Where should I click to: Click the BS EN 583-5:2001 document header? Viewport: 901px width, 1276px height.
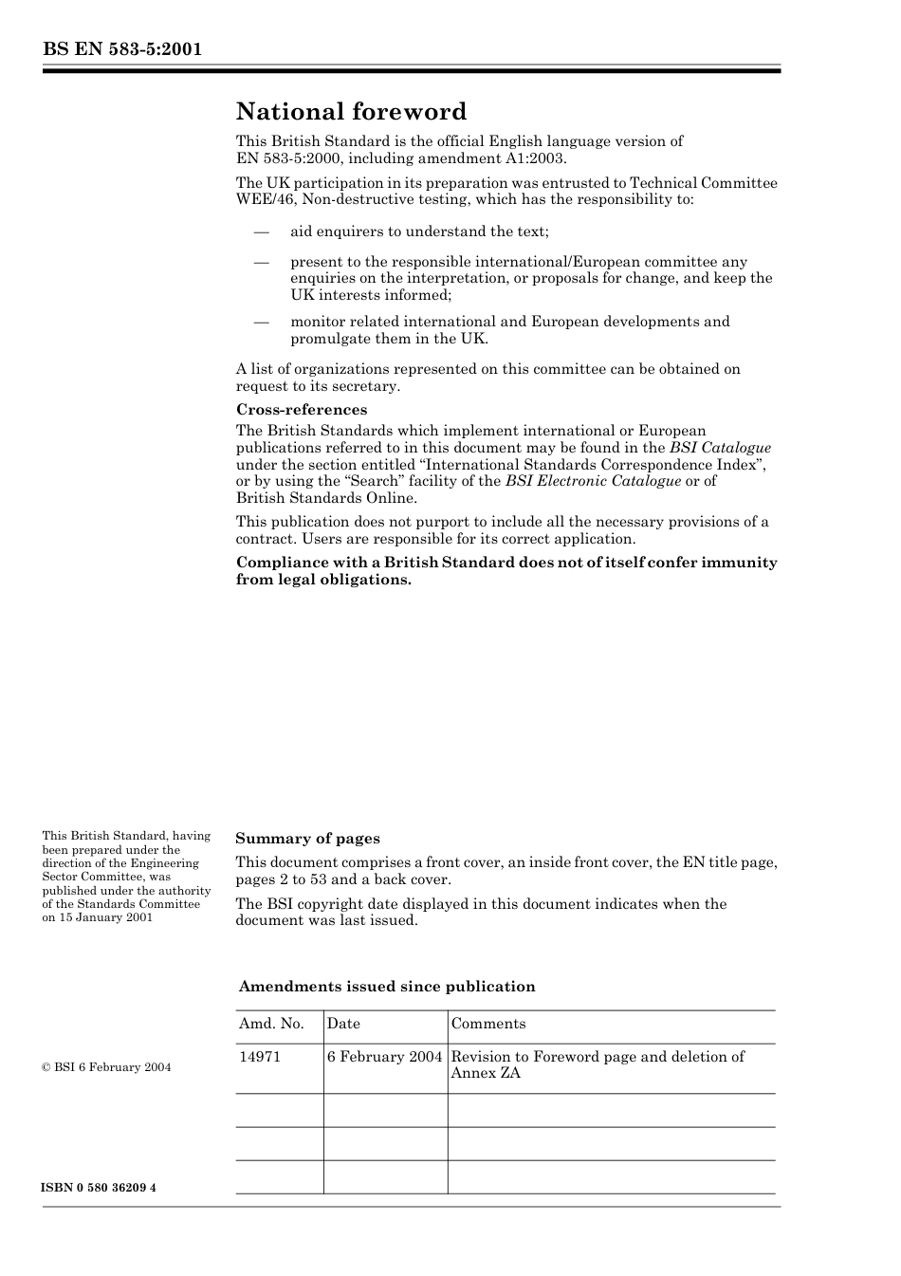pos(122,49)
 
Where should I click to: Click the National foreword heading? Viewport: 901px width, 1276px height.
pos(351,112)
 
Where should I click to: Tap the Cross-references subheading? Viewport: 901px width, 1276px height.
pos(302,410)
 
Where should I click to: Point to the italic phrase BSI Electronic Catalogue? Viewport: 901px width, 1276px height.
pos(593,481)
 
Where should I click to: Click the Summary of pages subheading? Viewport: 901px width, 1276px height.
pos(307,839)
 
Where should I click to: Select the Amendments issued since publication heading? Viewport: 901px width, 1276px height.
pos(387,987)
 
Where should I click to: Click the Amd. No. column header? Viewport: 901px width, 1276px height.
pos(271,1024)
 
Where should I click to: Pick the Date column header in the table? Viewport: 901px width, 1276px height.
pos(343,1024)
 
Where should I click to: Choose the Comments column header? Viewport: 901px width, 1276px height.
pos(488,1024)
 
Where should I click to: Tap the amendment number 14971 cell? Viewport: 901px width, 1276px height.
pos(260,1057)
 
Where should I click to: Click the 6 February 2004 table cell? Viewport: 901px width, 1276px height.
pos(385,1057)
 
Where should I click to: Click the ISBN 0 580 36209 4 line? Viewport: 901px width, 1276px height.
pos(100,1188)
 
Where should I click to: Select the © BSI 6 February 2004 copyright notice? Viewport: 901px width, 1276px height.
pos(106,1067)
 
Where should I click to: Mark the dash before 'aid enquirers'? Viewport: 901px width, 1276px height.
pos(261,231)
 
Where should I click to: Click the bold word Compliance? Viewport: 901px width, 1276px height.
pos(277,563)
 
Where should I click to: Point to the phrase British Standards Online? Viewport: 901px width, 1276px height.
pos(326,498)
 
